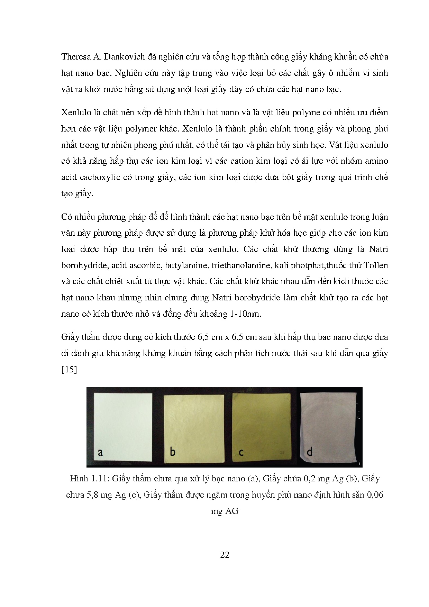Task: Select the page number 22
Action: (225, 555)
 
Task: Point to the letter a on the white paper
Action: (100, 452)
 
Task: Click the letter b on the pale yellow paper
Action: (173, 451)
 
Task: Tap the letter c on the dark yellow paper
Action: (241, 452)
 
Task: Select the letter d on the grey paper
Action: (310, 451)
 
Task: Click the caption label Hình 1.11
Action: (90, 479)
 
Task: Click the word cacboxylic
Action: (100, 177)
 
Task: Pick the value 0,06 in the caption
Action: (374, 495)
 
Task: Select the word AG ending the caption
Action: (232, 511)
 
